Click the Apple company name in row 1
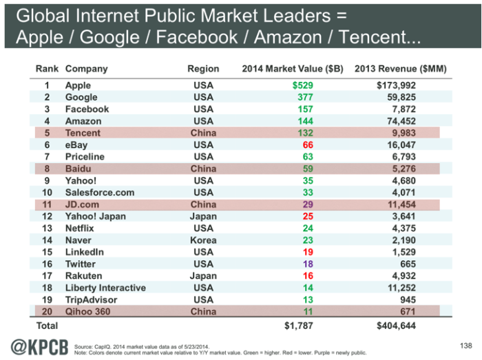tap(78, 85)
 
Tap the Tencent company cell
tap(83, 133)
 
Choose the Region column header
tap(203, 69)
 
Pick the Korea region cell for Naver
tap(203, 240)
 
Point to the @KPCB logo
tap(38, 344)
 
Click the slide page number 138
tap(464, 343)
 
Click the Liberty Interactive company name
tap(105, 288)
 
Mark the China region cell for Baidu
tap(203, 169)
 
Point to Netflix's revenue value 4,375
tap(403, 229)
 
